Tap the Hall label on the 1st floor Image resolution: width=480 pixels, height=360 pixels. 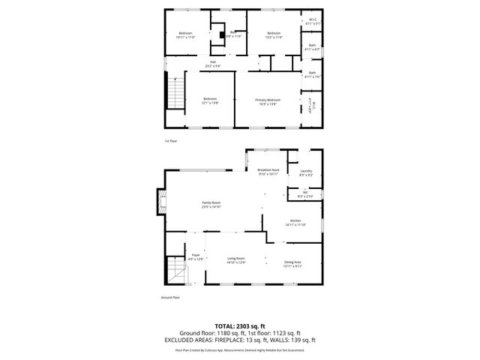213,62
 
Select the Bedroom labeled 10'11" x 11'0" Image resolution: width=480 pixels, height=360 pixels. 185,33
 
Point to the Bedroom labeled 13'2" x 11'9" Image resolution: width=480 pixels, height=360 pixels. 274,33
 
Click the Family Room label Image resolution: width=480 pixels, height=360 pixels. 211,202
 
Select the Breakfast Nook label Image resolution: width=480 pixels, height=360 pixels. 268,170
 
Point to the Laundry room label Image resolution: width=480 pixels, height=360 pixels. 306,171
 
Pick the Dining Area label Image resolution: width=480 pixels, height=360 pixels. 292,262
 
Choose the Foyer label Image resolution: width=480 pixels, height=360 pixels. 195,256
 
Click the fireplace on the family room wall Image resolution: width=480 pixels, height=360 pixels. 159,202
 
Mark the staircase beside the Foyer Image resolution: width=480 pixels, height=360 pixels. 175,270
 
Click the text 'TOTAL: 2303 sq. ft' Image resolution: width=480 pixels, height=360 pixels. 239,325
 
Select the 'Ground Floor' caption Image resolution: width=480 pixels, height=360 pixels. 171,297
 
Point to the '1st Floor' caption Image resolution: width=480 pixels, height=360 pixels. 170,140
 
